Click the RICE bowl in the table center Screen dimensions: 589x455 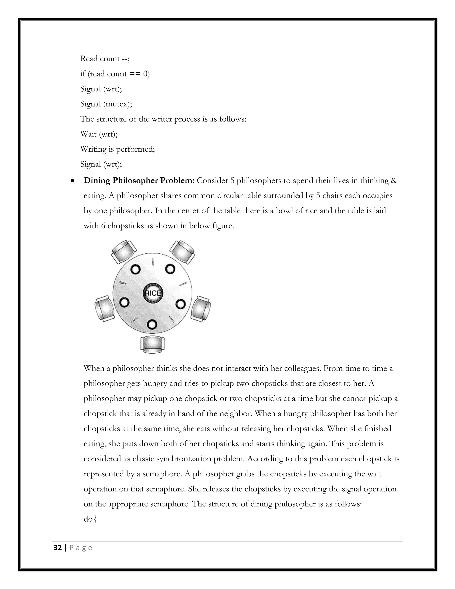point(153,293)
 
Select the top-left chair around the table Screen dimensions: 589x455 point(124,251)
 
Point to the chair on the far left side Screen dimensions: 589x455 point(105,309)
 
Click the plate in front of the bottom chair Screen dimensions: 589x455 point(152,324)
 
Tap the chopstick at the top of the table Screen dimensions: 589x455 point(153,261)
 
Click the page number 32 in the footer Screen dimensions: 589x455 point(58,548)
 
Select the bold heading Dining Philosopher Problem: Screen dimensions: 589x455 point(139,180)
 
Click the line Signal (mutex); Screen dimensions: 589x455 point(106,104)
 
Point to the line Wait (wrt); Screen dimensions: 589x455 point(99,134)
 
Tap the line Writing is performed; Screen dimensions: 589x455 point(118,149)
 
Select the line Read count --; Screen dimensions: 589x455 point(105,59)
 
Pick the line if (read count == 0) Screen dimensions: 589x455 point(115,74)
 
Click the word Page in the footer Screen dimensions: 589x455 point(81,548)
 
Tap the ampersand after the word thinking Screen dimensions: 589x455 point(394,180)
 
